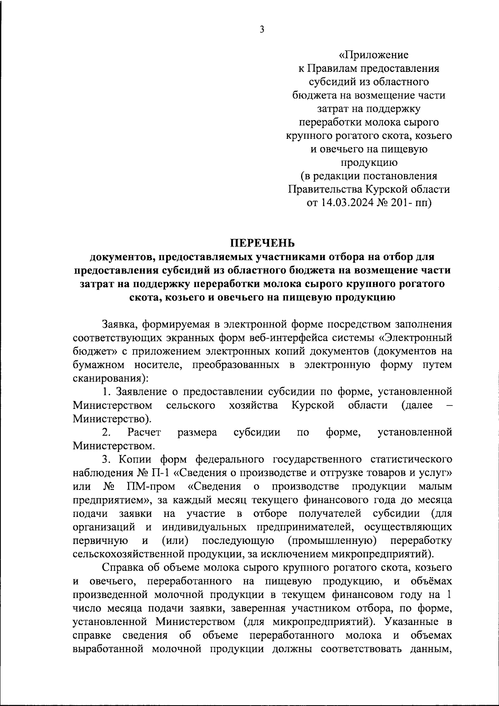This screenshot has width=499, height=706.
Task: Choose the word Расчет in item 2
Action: point(144,433)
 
